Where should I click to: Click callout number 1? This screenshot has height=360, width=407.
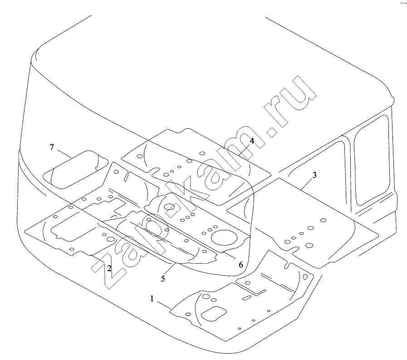(152, 299)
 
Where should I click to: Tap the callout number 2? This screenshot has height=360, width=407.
(109, 268)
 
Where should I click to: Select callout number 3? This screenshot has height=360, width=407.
(314, 175)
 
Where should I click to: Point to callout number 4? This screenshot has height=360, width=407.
(252, 141)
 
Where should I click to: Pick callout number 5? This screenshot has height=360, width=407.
(163, 279)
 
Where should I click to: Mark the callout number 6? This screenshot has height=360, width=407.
(241, 265)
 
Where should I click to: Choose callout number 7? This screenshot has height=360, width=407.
(52, 147)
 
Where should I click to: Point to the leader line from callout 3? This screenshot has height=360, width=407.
(307, 185)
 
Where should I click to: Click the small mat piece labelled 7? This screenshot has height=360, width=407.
(75, 169)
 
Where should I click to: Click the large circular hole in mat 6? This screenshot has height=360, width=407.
(224, 237)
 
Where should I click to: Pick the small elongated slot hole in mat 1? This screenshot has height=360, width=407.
(246, 298)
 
